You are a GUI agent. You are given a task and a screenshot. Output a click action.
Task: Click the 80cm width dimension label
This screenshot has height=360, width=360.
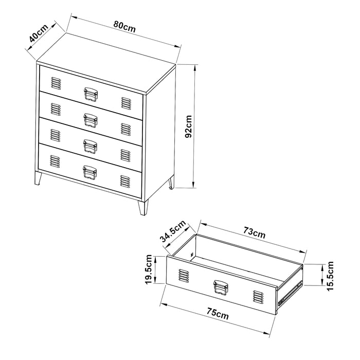125,28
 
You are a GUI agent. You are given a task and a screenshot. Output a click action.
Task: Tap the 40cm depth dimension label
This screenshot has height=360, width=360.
38,34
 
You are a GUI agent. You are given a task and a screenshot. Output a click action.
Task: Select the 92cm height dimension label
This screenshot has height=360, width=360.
188,127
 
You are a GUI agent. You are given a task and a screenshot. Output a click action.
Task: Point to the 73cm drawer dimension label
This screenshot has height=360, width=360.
254,233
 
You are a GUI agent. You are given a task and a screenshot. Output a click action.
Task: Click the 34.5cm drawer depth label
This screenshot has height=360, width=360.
173,231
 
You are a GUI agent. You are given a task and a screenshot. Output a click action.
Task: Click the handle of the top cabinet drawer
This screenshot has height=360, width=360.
91,94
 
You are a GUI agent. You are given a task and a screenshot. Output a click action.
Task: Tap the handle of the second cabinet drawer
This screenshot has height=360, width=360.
91,119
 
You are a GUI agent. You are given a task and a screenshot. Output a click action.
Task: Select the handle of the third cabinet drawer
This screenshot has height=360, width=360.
91,145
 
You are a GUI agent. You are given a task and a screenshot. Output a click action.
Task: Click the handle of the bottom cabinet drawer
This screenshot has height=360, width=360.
91,172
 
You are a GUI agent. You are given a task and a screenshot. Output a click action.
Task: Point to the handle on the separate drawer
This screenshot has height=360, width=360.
221,287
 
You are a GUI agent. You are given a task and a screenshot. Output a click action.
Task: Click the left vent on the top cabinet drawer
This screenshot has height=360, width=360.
56,83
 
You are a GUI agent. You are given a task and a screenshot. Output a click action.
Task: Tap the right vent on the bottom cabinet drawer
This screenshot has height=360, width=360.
125,181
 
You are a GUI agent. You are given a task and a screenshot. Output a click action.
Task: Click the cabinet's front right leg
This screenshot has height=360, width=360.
142,207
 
